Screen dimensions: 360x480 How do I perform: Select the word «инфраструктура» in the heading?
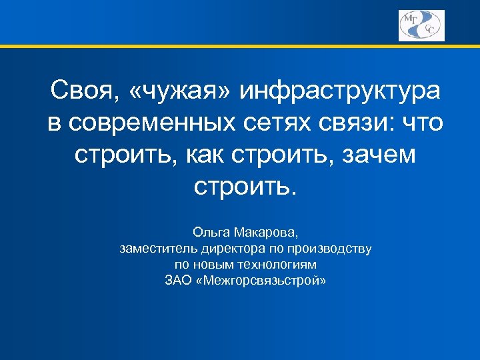pos(341,91)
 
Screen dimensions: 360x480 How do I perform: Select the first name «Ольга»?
pos(211,233)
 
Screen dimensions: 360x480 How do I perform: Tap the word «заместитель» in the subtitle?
pos(154,249)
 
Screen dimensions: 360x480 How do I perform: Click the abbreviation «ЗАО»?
pos(177,280)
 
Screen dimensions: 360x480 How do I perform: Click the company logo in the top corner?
pos(421,25)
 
